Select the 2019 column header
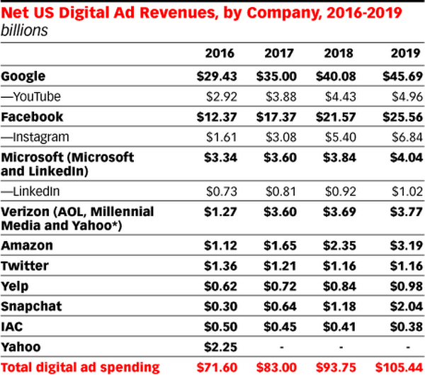tap(402, 53)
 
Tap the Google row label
tap(23, 76)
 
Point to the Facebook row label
tap(32, 116)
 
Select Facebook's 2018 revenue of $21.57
tap(343, 116)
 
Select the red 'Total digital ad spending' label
tap(80, 367)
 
